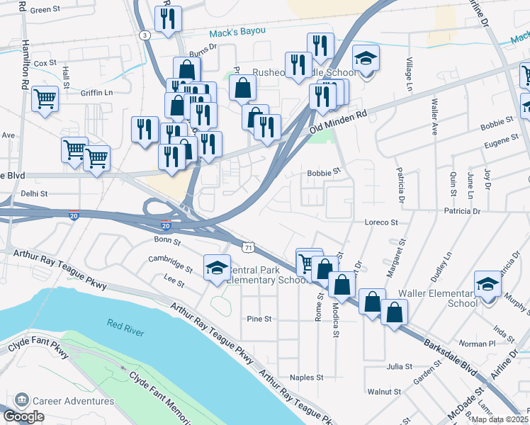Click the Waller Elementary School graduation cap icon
[487, 284]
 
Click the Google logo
[23, 416]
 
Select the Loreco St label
[382, 222]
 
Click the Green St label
[45, 10]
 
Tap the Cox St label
[45, 63]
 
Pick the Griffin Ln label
[96, 92]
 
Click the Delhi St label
[33, 193]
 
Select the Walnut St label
[384, 391]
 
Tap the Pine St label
[259, 319]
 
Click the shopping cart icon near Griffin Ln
[45, 98]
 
